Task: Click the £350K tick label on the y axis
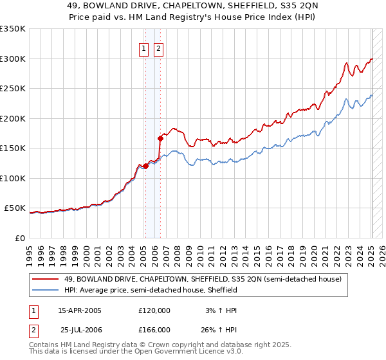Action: click(x=13, y=29)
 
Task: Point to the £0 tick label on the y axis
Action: click(x=20, y=239)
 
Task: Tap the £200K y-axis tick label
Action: click(x=13, y=119)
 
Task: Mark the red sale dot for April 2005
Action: click(x=145, y=166)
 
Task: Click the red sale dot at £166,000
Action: click(x=160, y=138)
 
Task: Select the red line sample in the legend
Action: click(x=46, y=279)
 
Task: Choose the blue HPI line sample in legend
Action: click(x=46, y=290)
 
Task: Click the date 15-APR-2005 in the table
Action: click(x=80, y=310)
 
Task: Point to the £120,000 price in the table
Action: click(x=154, y=310)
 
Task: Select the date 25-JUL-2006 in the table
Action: click(x=81, y=330)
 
